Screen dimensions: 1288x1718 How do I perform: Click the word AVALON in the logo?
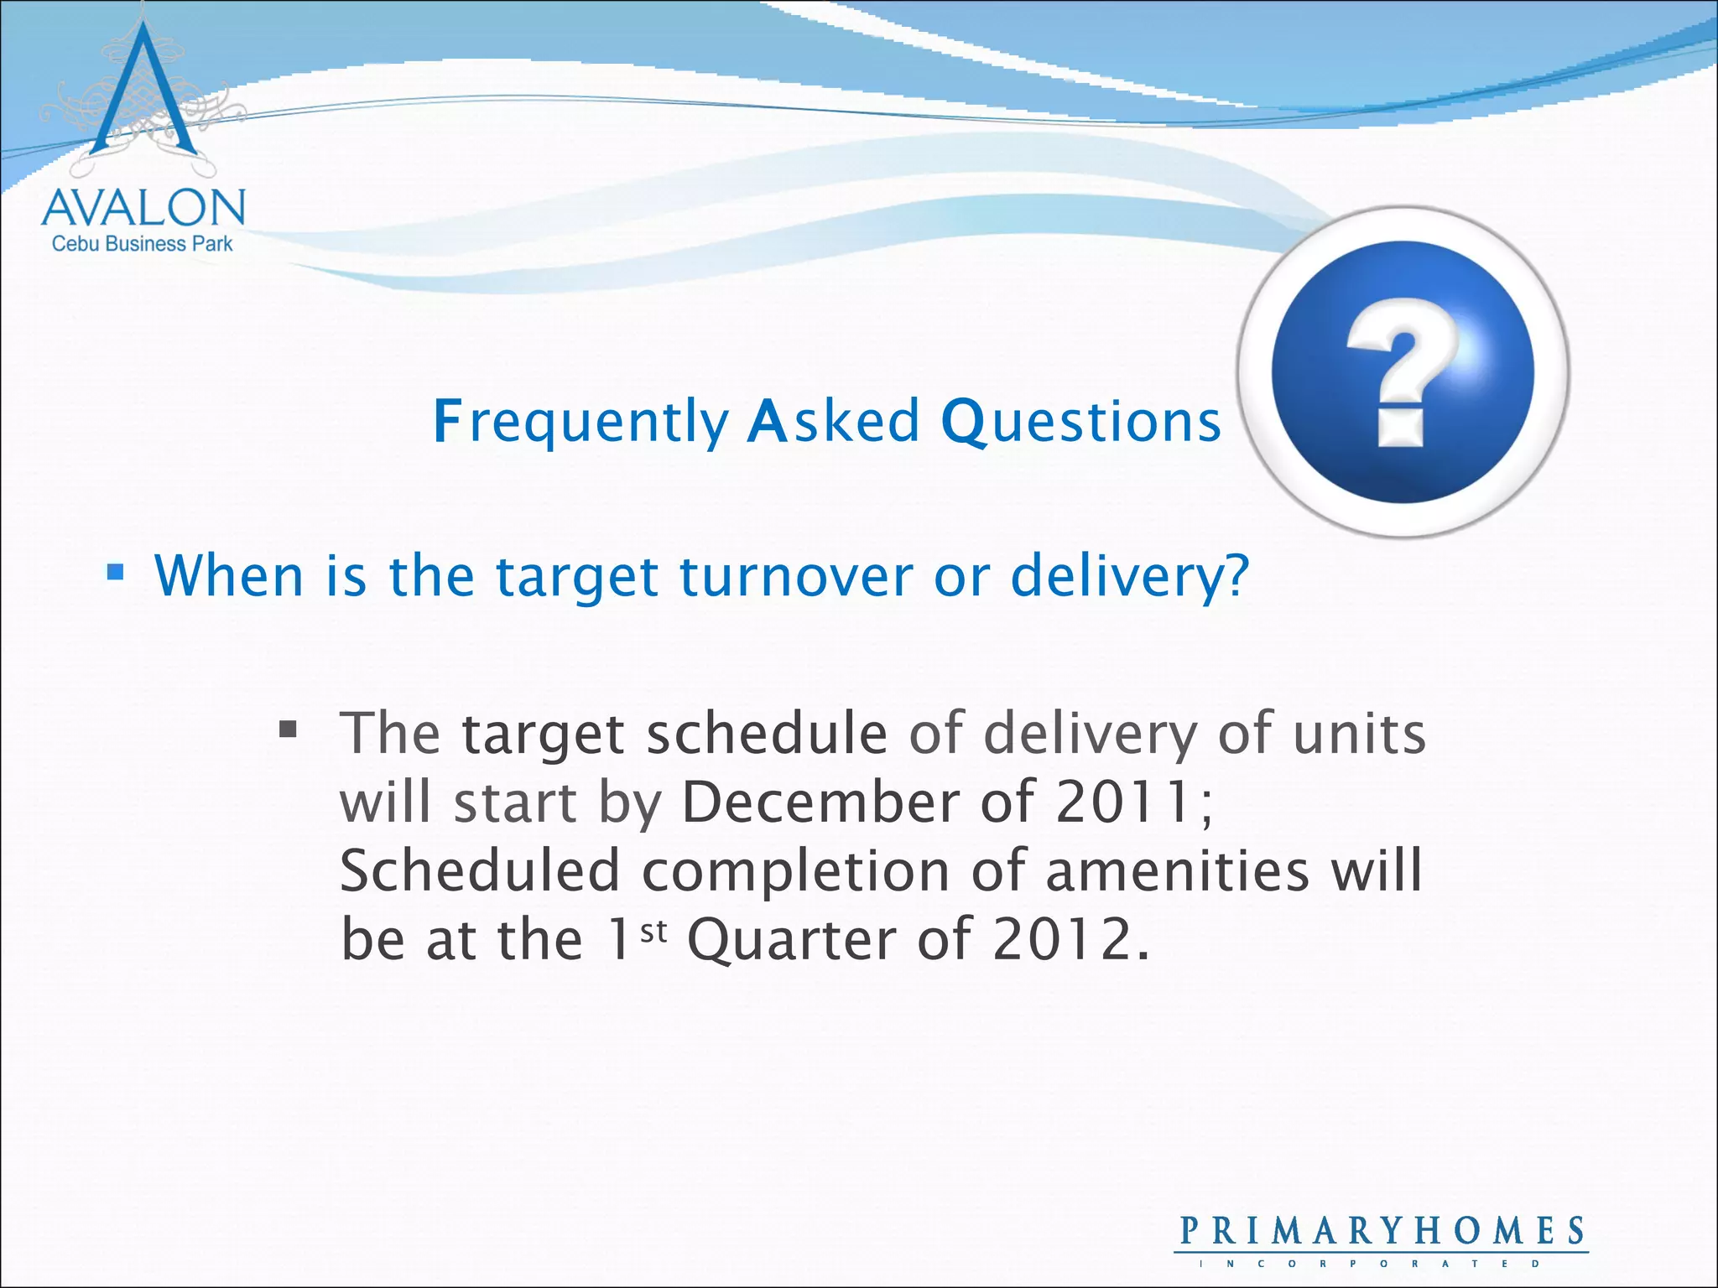click(x=143, y=208)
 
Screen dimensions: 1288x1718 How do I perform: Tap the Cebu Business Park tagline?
click(x=143, y=244)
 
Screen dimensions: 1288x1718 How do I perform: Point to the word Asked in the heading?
click(x=832, y=421)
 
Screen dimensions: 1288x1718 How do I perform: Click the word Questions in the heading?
click(x=1080, y=421)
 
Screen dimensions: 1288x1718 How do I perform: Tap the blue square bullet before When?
click(x=116, y=574)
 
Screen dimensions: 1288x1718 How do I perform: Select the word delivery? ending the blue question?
click(x=1129, y=577)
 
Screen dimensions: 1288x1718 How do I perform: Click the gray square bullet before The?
click(x=288, y=729)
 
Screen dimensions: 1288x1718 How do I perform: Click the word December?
click(x=820, y=802)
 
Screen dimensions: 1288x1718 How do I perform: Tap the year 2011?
click(x=1122, y=802)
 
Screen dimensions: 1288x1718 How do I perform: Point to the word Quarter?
click(x=792, y=941)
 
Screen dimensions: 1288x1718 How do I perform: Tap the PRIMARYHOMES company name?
click(x=1382, y=1231)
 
